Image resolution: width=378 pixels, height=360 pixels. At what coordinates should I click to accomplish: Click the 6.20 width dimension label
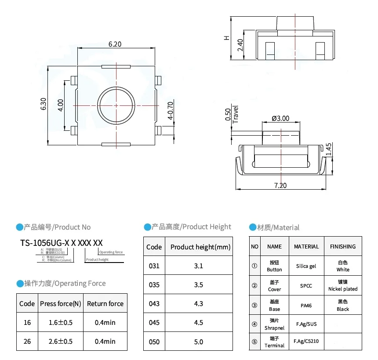point(115,44)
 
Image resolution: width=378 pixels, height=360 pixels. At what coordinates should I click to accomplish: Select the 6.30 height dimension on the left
point(43,104)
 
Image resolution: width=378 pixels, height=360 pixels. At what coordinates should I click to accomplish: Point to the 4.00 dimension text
point(61,104)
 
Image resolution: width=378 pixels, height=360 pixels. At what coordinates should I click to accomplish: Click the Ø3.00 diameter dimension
point(280,118)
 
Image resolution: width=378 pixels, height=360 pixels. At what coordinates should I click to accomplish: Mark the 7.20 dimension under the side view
point(280,185)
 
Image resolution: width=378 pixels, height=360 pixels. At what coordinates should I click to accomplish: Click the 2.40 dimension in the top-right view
point(240,45)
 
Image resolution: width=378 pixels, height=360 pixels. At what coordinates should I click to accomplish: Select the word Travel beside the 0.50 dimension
point(236,115)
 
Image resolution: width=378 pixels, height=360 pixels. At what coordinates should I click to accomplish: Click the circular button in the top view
point(116,105)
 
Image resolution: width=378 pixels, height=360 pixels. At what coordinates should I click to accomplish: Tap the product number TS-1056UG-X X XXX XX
point(62,243)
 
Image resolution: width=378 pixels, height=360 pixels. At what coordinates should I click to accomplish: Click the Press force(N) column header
point(60,303)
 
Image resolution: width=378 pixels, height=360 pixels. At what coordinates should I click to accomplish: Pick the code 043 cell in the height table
point(154,303)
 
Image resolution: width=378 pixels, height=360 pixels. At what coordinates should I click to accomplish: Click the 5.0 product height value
point(198,342)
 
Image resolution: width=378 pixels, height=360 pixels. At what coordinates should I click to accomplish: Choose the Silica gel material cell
point(306,266)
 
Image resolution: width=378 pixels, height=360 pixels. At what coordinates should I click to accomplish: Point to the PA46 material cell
point(306,305)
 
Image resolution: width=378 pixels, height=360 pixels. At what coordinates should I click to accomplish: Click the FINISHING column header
point(343,246)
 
